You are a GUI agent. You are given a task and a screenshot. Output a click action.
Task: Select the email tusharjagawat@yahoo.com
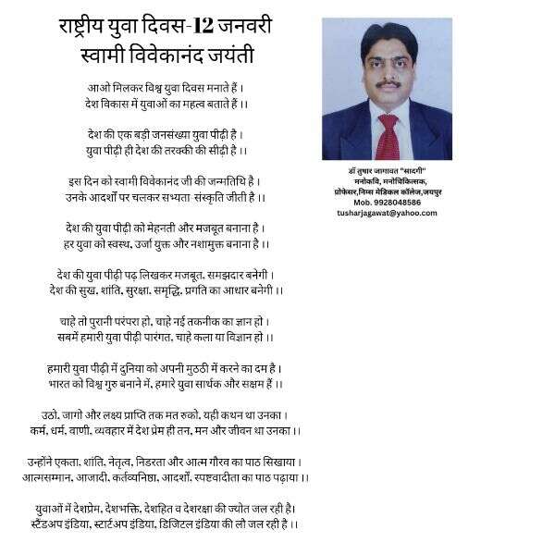pos(387,213)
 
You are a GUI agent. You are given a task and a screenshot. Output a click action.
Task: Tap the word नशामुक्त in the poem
pos(223,243)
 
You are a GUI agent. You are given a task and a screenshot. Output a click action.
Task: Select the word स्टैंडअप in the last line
pos(52,524)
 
